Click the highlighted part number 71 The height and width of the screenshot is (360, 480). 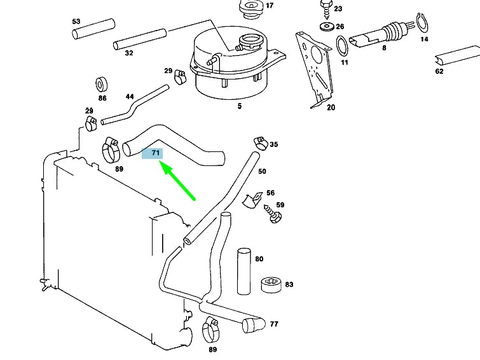click(154, 153)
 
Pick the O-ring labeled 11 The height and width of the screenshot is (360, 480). click(342, 45)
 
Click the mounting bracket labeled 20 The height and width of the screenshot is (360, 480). click(315, 70)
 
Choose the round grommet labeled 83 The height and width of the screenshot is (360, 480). click(271, 285)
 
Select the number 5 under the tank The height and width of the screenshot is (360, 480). click(240, 106)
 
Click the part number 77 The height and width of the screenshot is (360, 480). click(274, 324)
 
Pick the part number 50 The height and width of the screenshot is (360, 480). click(262, 171)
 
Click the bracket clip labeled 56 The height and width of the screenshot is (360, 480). click(255, 199)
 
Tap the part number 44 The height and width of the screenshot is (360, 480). click(130, 97)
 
